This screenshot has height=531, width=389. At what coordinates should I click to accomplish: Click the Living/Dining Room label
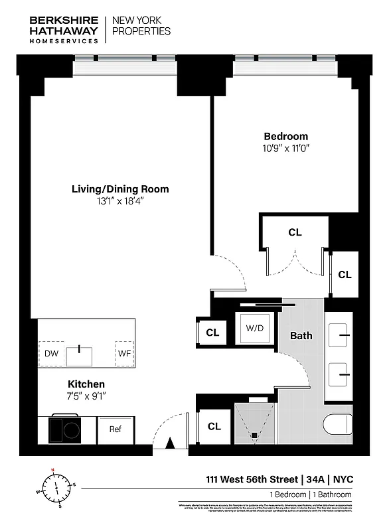click(120, 189)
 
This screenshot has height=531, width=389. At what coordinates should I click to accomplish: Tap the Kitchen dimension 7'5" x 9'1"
click(86, 396)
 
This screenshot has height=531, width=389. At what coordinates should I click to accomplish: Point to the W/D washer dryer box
click(254, 329)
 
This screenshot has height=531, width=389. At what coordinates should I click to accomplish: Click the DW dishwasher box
click(51, 354)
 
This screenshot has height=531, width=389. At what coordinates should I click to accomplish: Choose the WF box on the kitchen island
click(124, 354)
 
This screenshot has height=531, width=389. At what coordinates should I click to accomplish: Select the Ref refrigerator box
click(116, 429)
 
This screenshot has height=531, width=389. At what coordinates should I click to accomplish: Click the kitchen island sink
click(80, 354)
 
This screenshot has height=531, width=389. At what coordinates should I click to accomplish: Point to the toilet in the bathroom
click(338, 425)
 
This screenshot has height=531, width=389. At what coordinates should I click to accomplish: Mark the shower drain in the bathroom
click(254, 435)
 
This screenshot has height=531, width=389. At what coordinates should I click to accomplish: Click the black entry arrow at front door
click(170, 443)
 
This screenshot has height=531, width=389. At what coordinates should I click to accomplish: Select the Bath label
click(301, 336)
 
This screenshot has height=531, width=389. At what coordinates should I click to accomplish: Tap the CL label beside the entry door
click(214, 427)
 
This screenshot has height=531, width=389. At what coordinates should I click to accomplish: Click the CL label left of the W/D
click(212, 333)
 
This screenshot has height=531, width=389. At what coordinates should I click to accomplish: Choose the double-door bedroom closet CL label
click(295, 232)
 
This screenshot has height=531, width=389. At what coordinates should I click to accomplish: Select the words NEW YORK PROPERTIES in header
click(141, 26)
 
